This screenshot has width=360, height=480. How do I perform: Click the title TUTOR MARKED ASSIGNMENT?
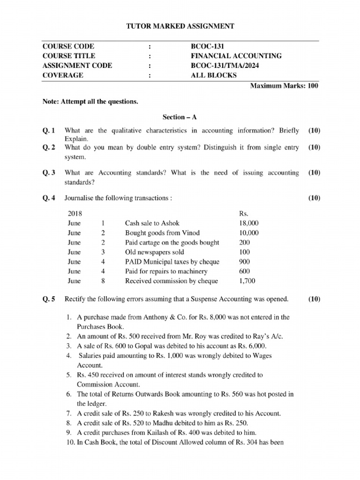pyautogui.click(x=180, y=26)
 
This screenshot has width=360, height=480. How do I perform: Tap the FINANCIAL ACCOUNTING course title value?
pyautogui.click(x=233, y=56)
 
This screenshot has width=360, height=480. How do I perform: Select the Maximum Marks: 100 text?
pyautogui.click(x=285, y=86)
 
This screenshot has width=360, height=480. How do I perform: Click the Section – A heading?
pyautogui.click(x=180, y=116)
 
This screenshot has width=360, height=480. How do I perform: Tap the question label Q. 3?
pyautogui.click(x=49, y=172)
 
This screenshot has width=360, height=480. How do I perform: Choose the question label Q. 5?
pyautogui.click(x=49, y=299)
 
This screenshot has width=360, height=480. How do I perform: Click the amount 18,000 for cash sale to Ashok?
pyautogui.click(x=249, y=223)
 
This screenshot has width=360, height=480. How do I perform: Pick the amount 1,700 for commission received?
pyautogui.click(x=247, y=281)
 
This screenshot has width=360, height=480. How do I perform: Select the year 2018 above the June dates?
pyautogui.click(x=75, y=213)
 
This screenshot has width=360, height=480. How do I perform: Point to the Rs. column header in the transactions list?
pyautogui.click(x=244, y=213)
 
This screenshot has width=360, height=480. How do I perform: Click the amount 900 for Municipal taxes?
pyautogui.click(x=244, y=262)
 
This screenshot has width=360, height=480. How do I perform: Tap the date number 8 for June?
pyautogui.click(x=103, y=281)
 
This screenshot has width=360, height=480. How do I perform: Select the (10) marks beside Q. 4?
pyautogui.click(x=314, y=198)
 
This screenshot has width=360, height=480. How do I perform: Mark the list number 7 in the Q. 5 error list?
pyautogui.click(x=68, y=413)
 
